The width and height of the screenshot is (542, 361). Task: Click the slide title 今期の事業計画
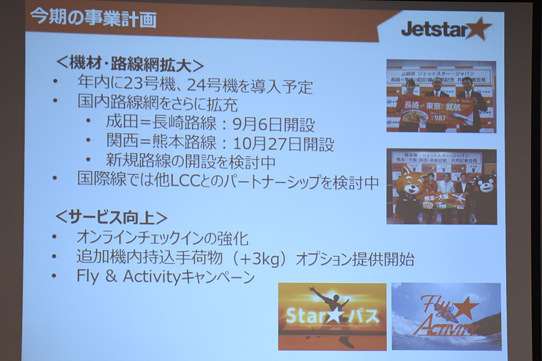[93, 18]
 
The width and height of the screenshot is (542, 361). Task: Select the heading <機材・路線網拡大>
[129, 65]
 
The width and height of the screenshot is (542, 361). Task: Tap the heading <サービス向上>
[110, 217]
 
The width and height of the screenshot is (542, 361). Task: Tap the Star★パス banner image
[332, 316]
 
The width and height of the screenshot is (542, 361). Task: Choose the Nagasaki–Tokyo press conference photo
[440, 95]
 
